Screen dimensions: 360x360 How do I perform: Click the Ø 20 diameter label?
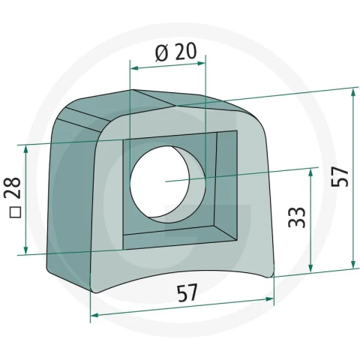pyautogui.click(x=176, y=52)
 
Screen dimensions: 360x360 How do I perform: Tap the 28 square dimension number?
pyautogui.click(x=13, y=188)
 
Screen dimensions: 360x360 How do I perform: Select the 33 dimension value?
pyautogui.click(x=297, y=217)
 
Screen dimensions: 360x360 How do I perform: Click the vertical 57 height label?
pyautogui.click(x=340, y=176)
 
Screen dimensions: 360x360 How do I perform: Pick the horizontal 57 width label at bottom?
pyautogui.click(x=187, y=292)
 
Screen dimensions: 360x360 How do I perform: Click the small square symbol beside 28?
pyautogui.click(x=15, y=212)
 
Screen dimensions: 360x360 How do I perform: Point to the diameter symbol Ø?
pyautogui.click(x=161, y=53)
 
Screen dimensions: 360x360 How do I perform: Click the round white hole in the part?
pyautogui.click(x=160, y=181)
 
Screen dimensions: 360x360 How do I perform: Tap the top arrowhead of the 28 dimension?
pyautogui.click(x=25, y=149)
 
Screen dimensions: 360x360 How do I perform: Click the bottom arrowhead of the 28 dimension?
pyautogui.click(x=25, y=250)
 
